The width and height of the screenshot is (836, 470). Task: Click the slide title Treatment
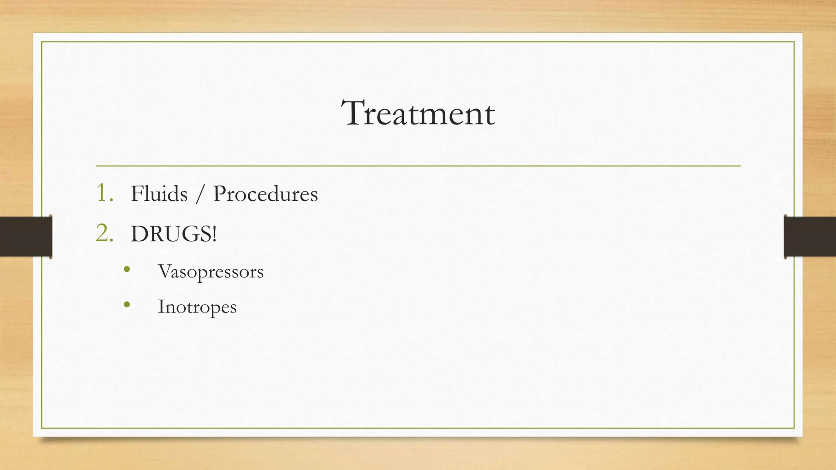pos(418,113)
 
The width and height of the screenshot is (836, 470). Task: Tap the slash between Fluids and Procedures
pos(200,194)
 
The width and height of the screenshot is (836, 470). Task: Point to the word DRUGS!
pos(173,234)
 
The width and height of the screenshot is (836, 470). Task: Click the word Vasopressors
pos(211,272)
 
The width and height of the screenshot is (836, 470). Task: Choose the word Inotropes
pos(197,307)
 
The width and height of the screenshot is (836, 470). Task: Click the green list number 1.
pos(103,193)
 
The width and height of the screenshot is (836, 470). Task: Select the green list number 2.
pos(104,234)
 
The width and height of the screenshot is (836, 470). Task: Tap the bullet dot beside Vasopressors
pos(127,269)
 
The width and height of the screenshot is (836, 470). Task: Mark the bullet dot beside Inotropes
pos(127,304)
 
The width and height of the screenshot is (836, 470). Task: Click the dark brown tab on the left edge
pos(26,237)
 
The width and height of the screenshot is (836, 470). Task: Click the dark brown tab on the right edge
pos(810,237)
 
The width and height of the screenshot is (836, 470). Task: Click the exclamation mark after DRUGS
pos(214,234)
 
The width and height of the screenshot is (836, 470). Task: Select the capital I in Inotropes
pos(161,306)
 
